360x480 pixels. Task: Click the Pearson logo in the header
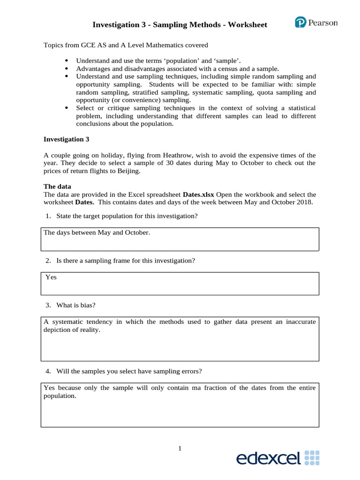tap(316, 22)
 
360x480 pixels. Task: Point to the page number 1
tap(180, 449)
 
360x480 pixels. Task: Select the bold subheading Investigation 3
tap(66, 139)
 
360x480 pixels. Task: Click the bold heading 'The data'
tap(57, 186)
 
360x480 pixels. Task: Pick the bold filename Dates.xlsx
tap(198, 194)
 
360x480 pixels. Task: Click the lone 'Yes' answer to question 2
tap(51, 277)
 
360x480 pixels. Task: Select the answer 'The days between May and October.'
tap(97, 232)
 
